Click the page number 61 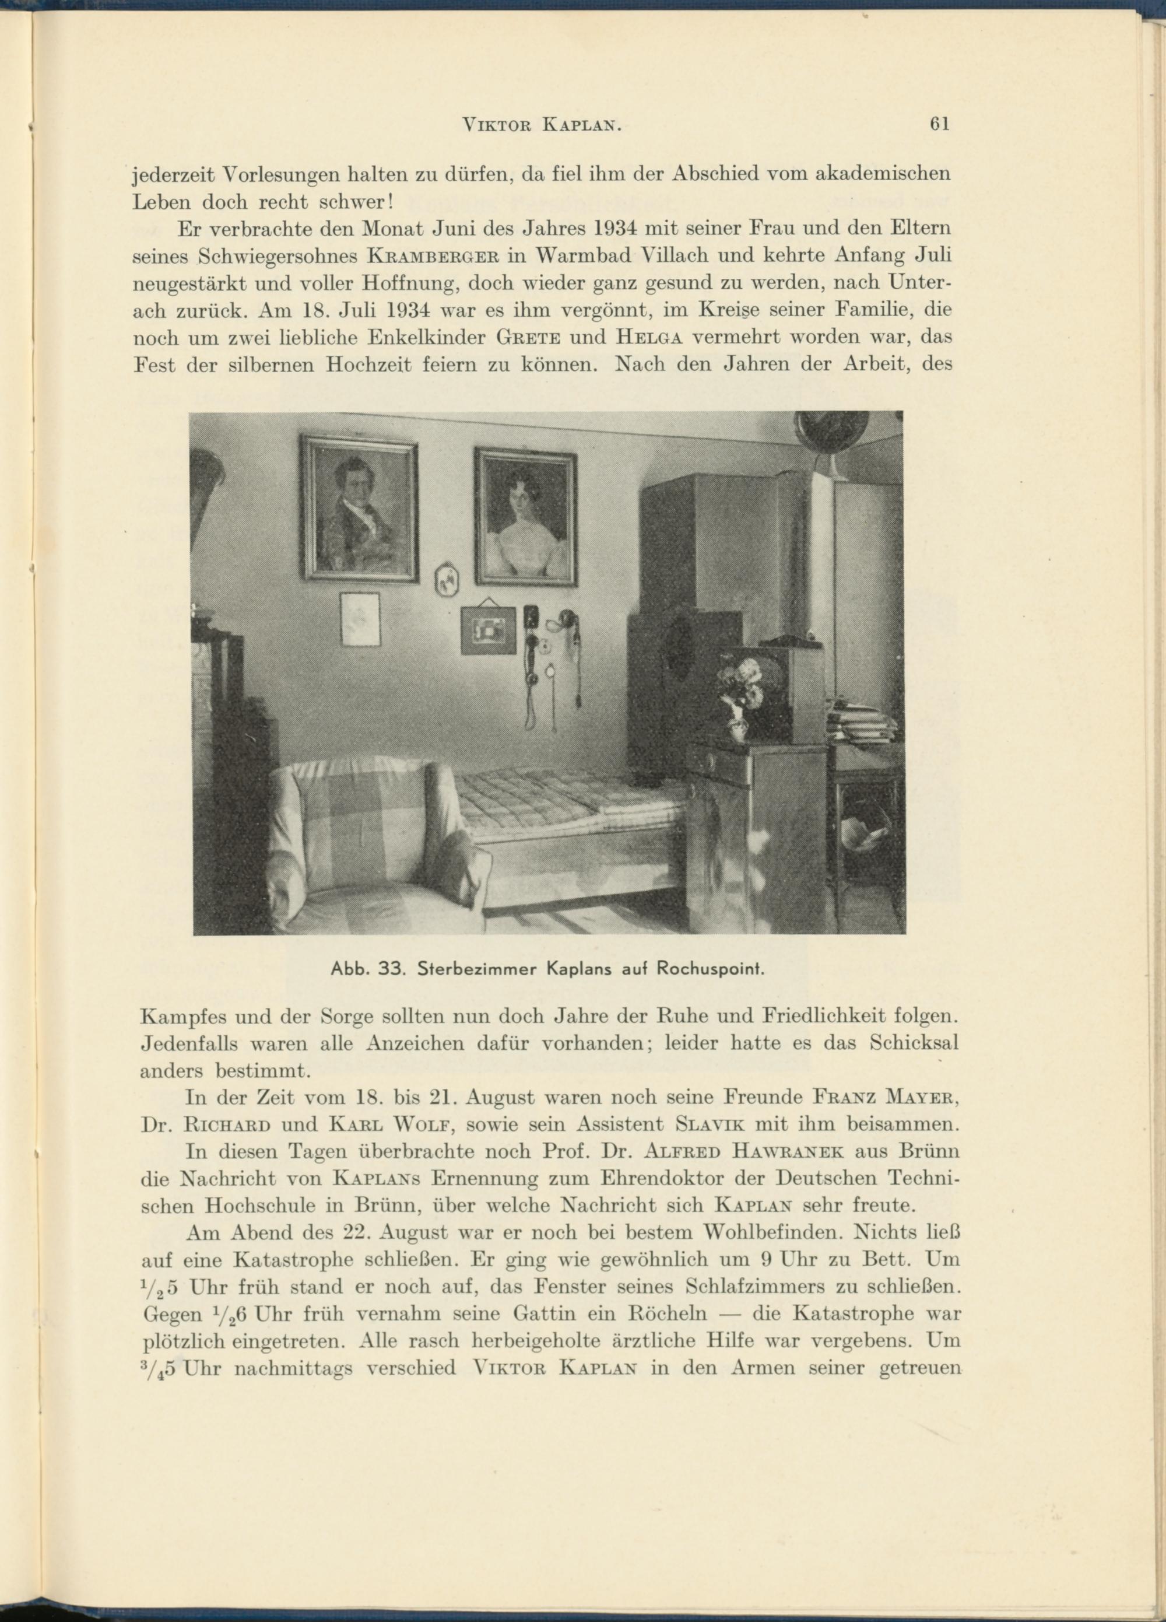pyautogui.click(x=939, y=124)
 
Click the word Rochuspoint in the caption pyautogui.click(x=701, y=971)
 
